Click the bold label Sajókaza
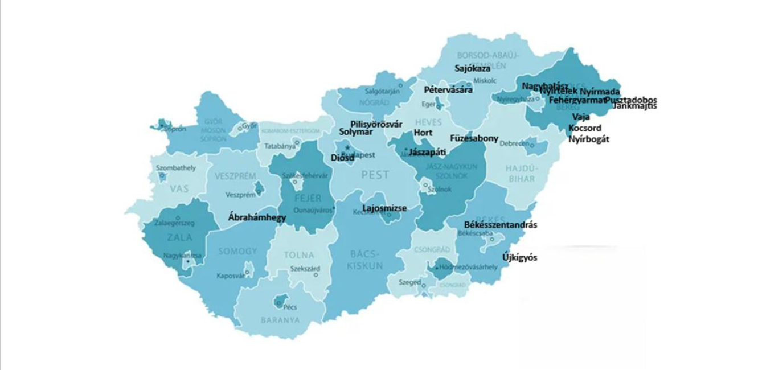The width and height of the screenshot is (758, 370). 473,68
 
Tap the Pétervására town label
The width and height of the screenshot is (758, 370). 448,90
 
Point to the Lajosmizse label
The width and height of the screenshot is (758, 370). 384,208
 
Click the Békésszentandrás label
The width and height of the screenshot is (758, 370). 501,225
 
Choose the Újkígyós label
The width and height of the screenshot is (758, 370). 519,258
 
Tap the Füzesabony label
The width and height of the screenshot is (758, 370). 474,138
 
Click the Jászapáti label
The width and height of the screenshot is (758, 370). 427,153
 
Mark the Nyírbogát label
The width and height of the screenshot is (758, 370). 589,139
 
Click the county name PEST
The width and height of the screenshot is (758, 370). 375,175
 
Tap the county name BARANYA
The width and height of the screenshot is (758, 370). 280,320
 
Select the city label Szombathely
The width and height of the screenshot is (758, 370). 176,168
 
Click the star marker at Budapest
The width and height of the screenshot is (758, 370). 346,147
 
